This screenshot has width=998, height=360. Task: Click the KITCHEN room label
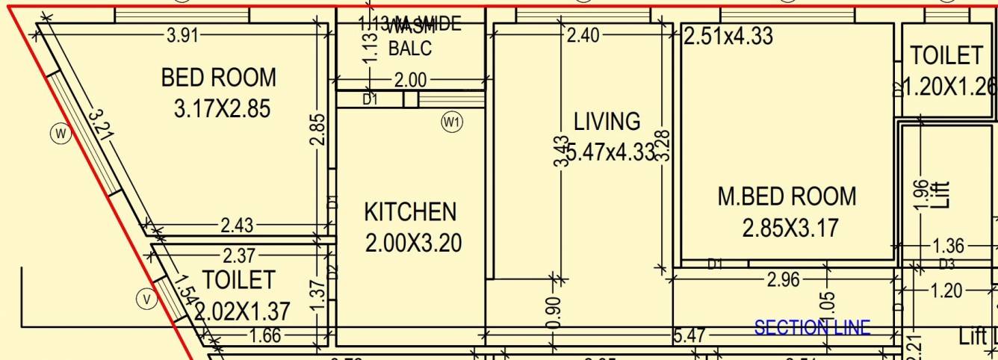click(410, 212)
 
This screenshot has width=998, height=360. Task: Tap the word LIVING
click(607, 121)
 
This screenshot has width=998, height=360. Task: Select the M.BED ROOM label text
click(787, 197)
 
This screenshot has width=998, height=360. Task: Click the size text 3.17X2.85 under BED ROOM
click(222, 108)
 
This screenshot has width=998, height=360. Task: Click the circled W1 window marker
click(452, 122)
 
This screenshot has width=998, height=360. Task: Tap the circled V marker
click(146, 300)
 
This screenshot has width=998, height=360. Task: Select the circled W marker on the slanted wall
click(61, 134)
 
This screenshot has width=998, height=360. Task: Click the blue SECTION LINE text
click(812, 327)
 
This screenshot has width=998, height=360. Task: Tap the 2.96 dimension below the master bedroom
click(783, 280)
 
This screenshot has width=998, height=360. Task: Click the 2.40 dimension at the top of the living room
click(583, 35)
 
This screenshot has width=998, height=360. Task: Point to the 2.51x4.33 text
click(728, 35)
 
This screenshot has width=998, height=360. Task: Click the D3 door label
click(946, 264)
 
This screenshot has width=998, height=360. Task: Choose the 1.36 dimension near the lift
click(949, 246)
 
